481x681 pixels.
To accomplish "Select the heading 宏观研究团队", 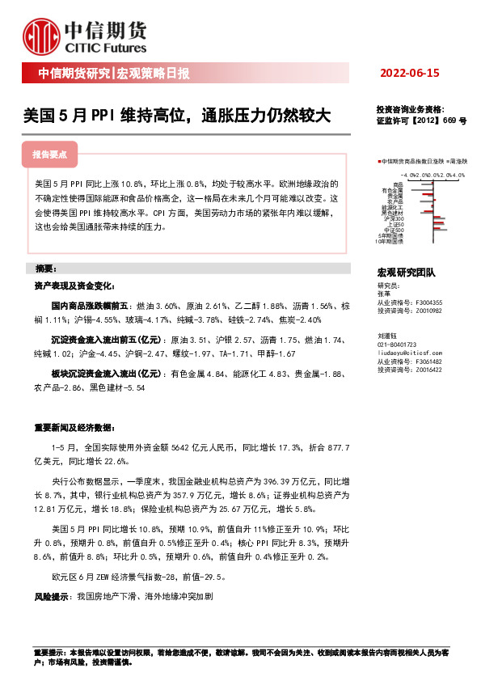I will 406,273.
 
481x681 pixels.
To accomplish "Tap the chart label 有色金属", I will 395,189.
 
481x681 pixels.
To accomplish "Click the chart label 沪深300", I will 395,218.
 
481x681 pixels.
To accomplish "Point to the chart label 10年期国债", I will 390,240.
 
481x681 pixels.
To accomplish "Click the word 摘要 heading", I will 44,268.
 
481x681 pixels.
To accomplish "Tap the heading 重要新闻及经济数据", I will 70,427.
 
